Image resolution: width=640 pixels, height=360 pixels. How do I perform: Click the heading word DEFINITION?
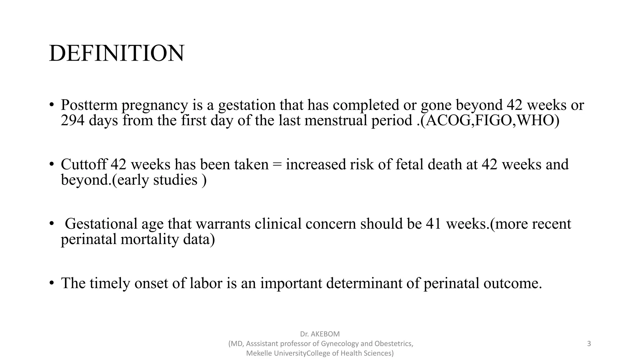117,53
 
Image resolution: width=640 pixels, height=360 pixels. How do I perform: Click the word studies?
175,180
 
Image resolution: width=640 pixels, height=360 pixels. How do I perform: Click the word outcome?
512,283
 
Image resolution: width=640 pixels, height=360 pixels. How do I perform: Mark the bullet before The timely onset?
52,283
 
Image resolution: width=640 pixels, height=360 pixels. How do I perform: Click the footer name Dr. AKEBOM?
320,334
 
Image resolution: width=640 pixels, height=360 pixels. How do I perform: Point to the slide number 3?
589,344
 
